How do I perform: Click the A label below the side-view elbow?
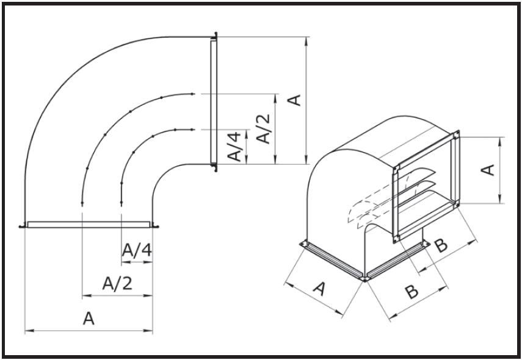coord(89,319)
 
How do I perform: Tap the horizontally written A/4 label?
coord(136,249)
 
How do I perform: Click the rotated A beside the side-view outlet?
coord(295,99)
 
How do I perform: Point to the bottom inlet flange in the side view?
coord(89,224)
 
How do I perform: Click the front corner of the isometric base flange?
coord(364,278)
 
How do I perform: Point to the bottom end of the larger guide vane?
coord(82,201)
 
